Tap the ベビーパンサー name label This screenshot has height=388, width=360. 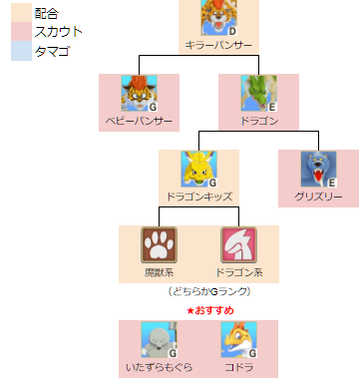pyautogui.click(x=139, y=121)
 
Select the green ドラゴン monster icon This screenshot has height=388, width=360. pyautogui.click(x=258, y=93)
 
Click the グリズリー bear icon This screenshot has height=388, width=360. pyautogui.click(x=318, y=170)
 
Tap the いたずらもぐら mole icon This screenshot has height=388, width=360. pyautogui.click(x=159, y=339)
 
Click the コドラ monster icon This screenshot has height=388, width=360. pyautogui.click(x=238, y=339)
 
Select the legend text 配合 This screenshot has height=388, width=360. pyautogui.click(x=46, y=13)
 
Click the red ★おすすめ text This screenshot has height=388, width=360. pyautogui.click(x=209, y=311)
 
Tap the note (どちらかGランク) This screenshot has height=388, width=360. pyautogui.click(x=208, y=291)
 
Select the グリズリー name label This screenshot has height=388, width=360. pyautogui.click(x=318, y=196)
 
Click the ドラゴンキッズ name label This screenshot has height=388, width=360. pyautogui.click(x=198, y=196)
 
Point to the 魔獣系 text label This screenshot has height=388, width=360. pyautogui.click(x=159, y=272)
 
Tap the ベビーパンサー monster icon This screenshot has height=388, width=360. pyautogui.click(x=139, y=93)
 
